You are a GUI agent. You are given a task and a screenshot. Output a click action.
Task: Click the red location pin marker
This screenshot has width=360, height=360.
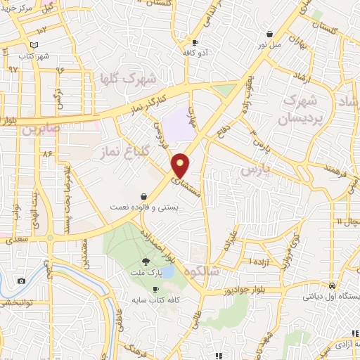[x=181, y=165]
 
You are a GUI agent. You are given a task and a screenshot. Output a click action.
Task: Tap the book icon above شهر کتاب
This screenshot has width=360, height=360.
[x=45, y=44]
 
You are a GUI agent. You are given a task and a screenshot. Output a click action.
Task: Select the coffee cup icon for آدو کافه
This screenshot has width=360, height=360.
[x=195, y=43]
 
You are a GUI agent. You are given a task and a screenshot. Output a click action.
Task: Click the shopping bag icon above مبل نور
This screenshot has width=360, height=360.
[x=269, y=33]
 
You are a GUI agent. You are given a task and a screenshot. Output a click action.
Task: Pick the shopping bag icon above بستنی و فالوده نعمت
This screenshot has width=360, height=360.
[x=144, y=196]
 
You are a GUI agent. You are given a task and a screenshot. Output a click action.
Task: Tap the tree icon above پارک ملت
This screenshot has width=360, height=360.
[x=146, y=261]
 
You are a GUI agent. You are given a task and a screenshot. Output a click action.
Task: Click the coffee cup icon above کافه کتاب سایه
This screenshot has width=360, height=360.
[x=155, y=290]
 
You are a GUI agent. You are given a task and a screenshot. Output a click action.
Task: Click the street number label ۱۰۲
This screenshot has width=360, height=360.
[x=42, y=30]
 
